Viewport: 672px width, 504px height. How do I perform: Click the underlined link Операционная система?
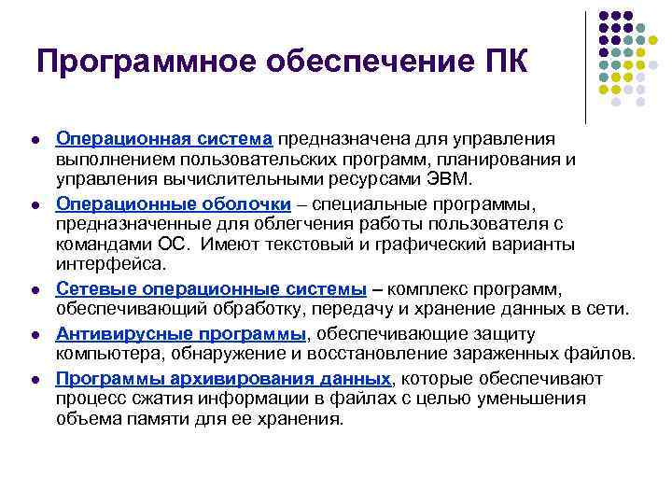pyautogui.click(x=163, y=138)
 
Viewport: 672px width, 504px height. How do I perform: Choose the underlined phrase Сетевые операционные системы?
pyautogui.click(x=211, y=289)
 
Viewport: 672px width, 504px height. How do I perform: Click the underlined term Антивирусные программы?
pyautogui.click(x=181, y=333)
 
